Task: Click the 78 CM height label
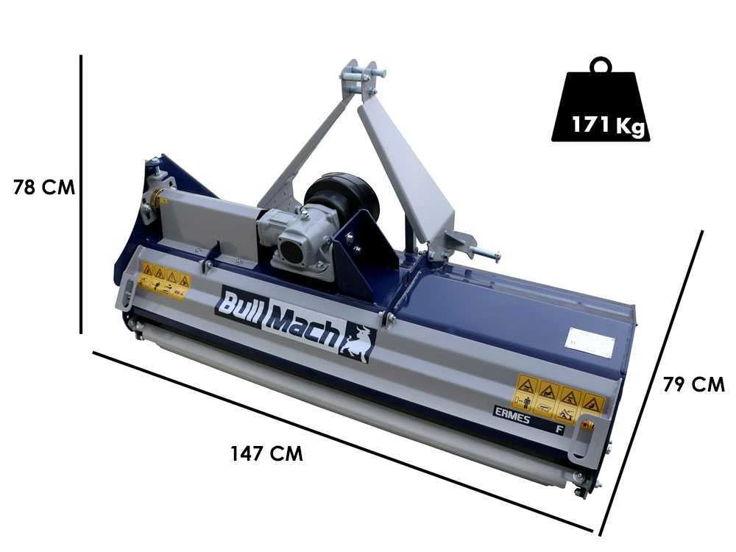click(44, 187)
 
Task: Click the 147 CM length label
click(266, 453)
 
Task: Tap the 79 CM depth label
click(693, 384)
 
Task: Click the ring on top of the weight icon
click(601, 65)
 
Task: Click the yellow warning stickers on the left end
click(165, 280)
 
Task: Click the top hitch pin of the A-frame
click(362, 74)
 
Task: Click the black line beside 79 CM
click(652, 383)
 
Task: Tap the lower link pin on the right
click(484, 253)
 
